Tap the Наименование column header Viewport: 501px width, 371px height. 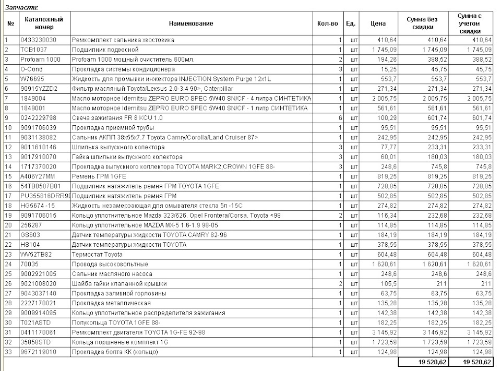[x=191, y=23]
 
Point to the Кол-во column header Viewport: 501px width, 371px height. [x=327, y=23]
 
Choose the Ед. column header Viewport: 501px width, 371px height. [x=351, y=23]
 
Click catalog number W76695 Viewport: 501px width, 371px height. [x=31, y=79]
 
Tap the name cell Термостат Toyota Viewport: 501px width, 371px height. [x=97, y=254]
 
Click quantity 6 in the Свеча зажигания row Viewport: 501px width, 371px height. [x=339, y=118]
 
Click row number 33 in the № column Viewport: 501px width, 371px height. [x=8, y=352]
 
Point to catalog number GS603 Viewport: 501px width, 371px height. [x=29, y=235]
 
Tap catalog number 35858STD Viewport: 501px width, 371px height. [x=35, y=342]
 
